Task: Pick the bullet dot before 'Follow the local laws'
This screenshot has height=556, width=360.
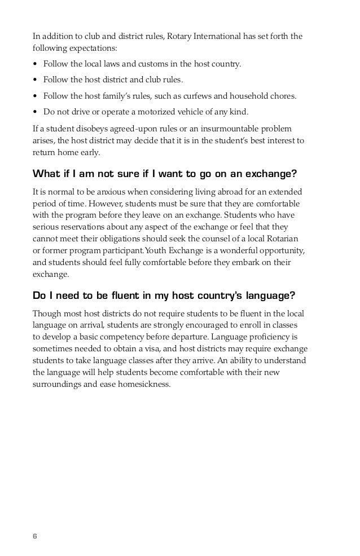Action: tap(35, 64)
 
